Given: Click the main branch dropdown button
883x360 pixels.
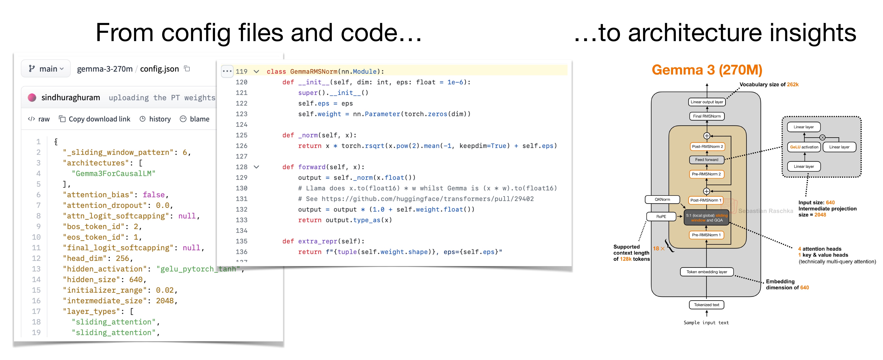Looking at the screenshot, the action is tap(46, 69).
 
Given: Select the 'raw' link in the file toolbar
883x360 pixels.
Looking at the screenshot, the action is tap(39, 119).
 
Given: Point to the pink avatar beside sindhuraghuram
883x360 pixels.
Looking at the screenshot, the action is tap(32, 98).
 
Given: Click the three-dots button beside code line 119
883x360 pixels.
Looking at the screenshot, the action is tap(227, 71).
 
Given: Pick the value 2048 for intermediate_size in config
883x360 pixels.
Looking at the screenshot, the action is tap(165, 301).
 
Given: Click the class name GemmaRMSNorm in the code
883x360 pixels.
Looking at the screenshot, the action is tap(314, 71).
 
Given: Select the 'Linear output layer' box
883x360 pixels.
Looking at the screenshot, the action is tap(707, 102).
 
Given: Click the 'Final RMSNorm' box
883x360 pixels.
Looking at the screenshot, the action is tap(707, 116).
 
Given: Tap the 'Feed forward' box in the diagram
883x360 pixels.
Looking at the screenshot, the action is tap(707, 160).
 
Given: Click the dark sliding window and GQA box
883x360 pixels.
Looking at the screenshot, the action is tap(707, 218).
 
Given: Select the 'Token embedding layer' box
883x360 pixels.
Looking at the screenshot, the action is tap(707, 272).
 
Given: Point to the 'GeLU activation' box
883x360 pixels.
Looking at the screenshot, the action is tap(804, 147).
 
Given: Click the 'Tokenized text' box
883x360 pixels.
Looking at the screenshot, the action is tap(707, 305).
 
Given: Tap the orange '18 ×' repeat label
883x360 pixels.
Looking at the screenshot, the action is tap(658, 249).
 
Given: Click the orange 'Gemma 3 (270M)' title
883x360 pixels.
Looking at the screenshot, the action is tap(707, 70).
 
